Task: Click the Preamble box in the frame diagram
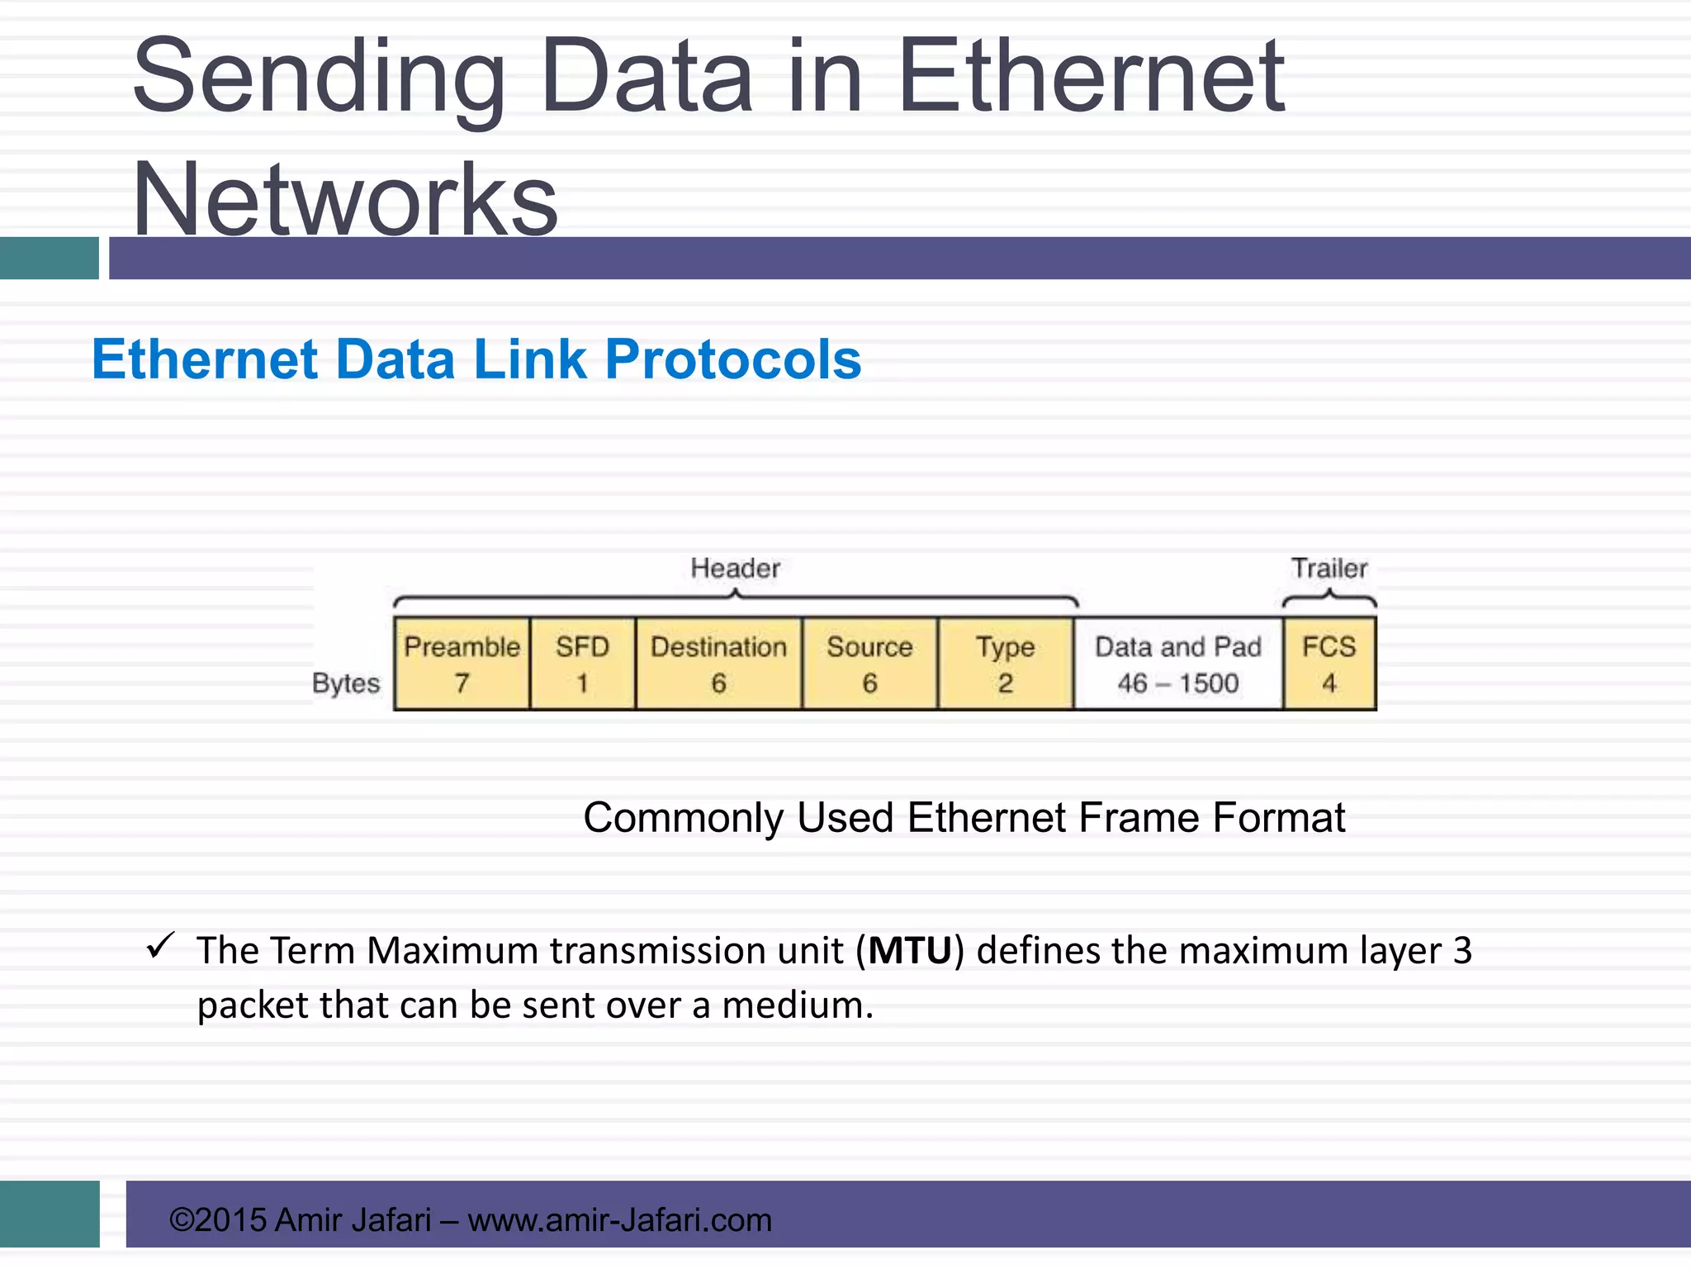point(462,664)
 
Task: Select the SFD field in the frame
point(582,664)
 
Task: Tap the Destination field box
point(718,664)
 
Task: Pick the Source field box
point(869,664)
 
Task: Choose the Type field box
point(1005,664)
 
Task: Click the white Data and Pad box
point(1178,664)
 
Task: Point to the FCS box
point(1329,664)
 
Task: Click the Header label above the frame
point(735,568)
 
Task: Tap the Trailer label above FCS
point(1329,568)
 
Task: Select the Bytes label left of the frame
point(346,683)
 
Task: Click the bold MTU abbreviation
point(910,951)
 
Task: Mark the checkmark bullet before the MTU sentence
point(159,945)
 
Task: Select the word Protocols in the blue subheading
point(733,360)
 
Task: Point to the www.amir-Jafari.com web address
point(619,1220)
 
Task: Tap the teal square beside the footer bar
point(50,1214)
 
